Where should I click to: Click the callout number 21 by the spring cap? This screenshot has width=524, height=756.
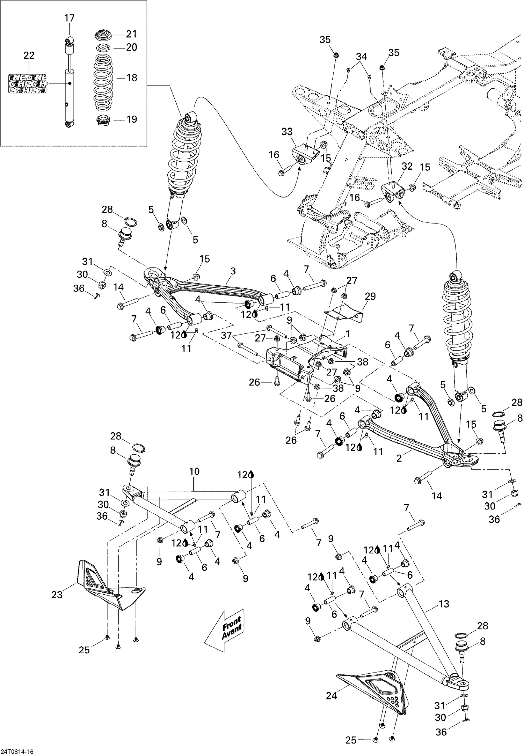point(131,34)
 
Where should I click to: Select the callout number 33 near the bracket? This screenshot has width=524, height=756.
point(287,132)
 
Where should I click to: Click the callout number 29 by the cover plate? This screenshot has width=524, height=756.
point(370,296)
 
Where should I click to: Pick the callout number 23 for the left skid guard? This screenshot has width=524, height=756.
point(57,594)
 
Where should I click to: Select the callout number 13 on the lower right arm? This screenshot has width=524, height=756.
point(444,604)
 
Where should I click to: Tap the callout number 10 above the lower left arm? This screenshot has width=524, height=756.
point(194,471)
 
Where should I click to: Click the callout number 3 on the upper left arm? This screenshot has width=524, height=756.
point(233,271)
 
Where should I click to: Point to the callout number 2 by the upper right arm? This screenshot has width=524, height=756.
point(399,458)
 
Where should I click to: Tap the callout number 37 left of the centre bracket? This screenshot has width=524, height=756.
point(227,336)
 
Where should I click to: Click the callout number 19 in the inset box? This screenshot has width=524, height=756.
point(132,119)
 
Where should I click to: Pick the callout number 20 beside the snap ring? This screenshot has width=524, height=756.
point(131,47)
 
